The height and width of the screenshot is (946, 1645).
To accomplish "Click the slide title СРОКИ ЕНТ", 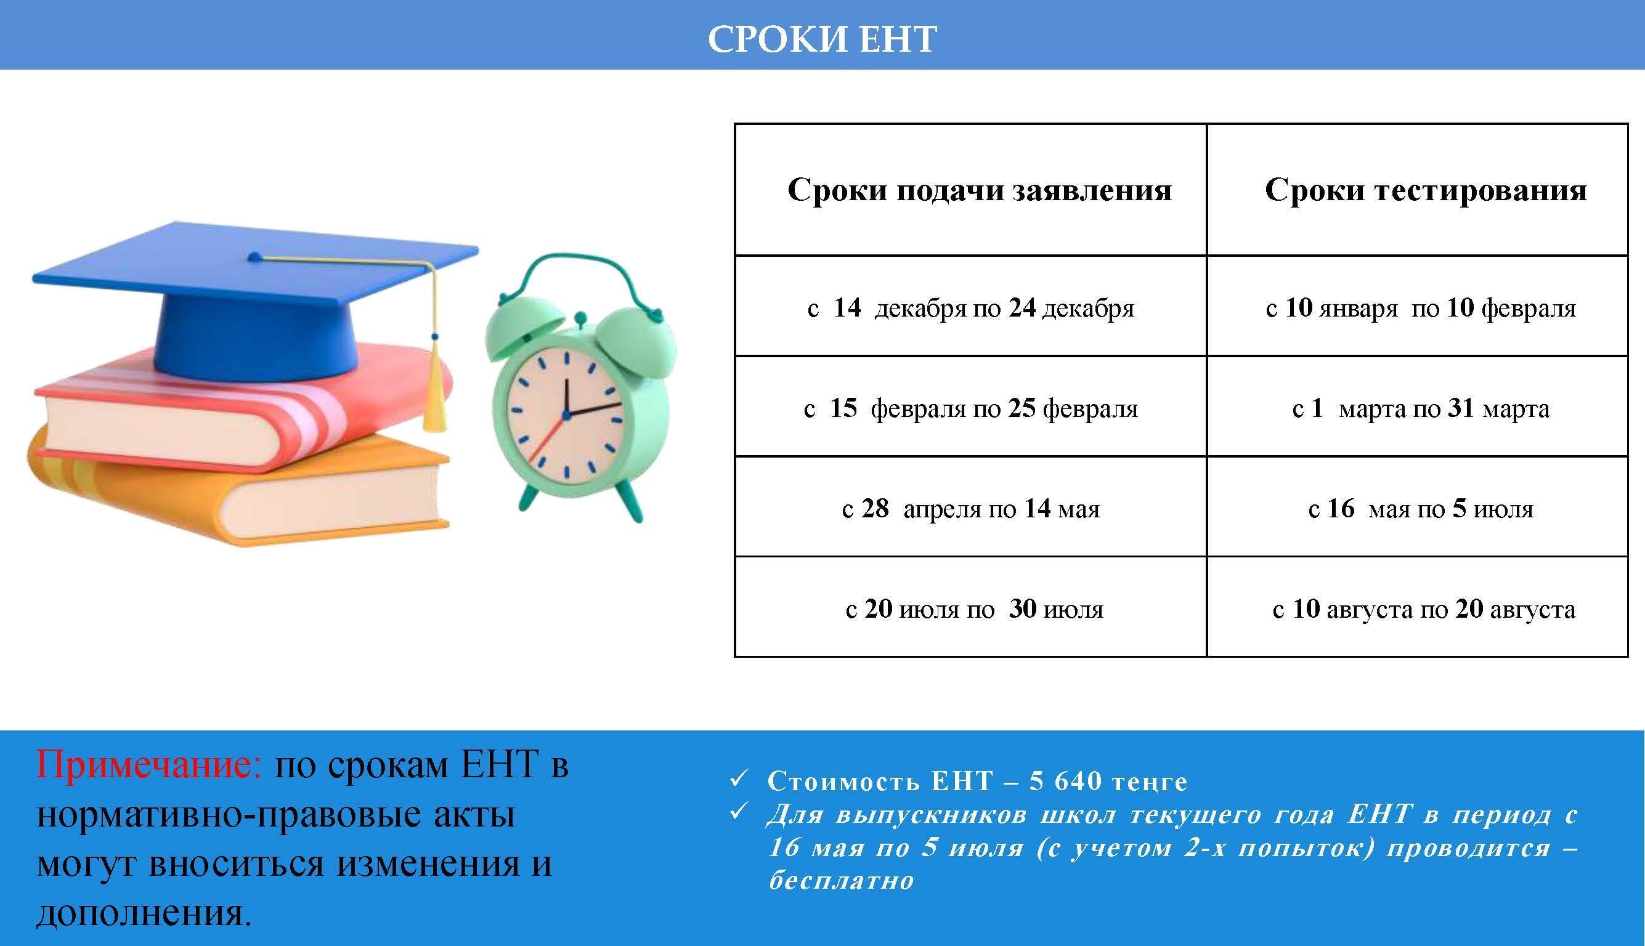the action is [x=822, y=39].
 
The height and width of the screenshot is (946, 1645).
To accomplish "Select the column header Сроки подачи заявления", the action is [x=980, y=190].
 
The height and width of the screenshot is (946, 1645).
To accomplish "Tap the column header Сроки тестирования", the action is [x=1426, y=190].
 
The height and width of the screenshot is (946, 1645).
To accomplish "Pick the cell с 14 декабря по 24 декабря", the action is [x=970, y=307].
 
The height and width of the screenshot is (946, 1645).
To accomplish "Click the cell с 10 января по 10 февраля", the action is [x=1421, y=307].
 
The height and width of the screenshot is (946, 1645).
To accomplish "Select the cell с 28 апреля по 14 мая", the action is [x=970, y=508].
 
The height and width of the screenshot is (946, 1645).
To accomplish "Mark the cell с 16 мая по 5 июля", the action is [x=1421, y=508].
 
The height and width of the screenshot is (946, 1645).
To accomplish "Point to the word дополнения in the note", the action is [x=144, y=913].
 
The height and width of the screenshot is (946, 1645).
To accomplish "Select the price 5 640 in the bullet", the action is [x=1062, y=782].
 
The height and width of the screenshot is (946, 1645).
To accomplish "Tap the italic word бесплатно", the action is [x=842, y=881].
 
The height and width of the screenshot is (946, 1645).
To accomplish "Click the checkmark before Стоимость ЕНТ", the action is [x=737, y=779].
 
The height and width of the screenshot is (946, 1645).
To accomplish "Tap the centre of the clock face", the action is [x=566, y=414].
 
